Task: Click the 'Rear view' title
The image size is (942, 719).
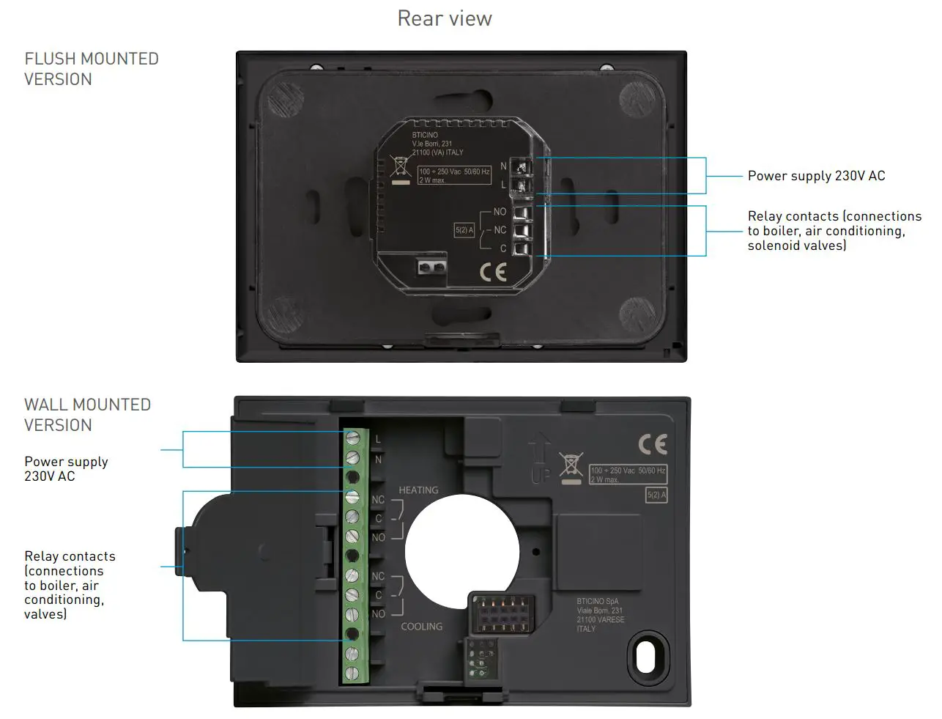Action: click(x=445, y=18)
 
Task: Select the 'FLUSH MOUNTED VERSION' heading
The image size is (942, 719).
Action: click(x=91, y=69)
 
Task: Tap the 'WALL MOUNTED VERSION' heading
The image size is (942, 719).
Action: click(x=87, y=415)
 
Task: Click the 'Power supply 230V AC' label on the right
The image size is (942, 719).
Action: click(x=816, y=176)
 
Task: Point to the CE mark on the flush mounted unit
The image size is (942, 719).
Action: click(x=493, y=272)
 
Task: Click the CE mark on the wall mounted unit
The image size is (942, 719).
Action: click(x=652, y=444)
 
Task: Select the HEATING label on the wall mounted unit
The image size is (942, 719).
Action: click(x=418, y=490)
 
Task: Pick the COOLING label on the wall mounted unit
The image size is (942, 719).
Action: click(x=421, y=627)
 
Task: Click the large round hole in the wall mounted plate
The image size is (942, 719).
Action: click(x=462, y=551)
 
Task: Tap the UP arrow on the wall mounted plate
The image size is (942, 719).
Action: click(x=540, y=457)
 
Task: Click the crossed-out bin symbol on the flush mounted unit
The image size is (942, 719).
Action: click(x=400, y=166)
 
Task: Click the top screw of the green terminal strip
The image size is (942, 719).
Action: click(x=353, y=439)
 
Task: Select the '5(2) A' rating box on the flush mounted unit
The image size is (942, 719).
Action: click(x=464, y=230)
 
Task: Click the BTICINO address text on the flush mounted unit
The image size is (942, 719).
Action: click(x=437, y=144)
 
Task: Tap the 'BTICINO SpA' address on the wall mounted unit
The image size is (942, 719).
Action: click(x=600, y=615)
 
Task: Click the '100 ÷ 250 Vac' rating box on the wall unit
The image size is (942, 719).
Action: click(x=628, y=474)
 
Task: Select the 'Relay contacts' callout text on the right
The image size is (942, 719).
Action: click(x=834, y=231)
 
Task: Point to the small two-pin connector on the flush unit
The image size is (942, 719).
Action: click(x=432, y=267)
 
